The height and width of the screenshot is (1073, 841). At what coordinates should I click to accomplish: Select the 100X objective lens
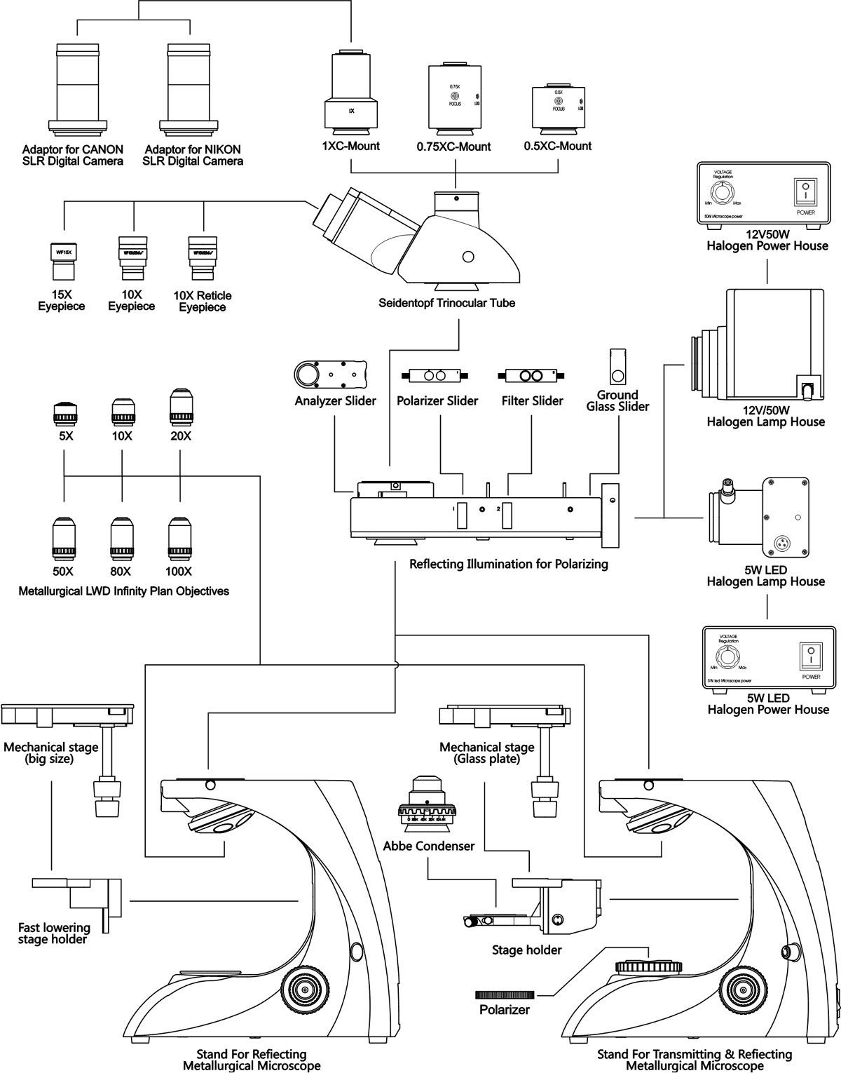180,540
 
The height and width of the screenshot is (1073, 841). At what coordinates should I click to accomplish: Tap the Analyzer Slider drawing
330,374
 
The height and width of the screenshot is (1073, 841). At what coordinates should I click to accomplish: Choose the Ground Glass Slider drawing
617,365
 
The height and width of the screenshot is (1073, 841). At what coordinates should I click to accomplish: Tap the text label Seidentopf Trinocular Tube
447,303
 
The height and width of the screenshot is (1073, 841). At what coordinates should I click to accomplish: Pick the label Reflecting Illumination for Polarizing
509,564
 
